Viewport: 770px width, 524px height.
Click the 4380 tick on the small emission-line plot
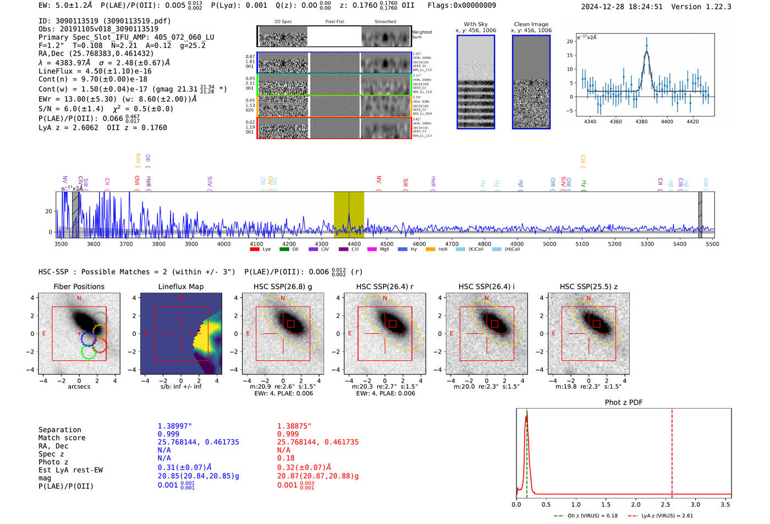(x=641, y=122)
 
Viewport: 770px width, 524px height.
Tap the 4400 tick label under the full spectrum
(x=354, y=244)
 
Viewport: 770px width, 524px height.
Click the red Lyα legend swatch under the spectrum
(x=255, y=250)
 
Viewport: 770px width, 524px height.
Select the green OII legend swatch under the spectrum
(x=284, y=250)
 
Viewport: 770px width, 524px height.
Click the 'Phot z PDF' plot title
(x=624, y=402)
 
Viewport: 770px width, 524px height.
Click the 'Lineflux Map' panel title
(x=181, y=286)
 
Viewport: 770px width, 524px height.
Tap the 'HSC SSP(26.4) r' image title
(x=384, y=286)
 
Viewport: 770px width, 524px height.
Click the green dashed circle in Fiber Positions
(x=88, y=352)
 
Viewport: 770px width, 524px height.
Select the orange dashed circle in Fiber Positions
(x=100, y=332)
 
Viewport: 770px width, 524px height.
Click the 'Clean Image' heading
(x=531, y=24)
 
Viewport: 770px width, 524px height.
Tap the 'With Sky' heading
(x=476, y=24)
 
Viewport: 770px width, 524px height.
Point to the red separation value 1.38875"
(x=294, y=426)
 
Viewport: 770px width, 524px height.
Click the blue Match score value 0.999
(x=168, y=434)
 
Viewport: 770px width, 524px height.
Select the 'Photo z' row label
(x=53, y=462)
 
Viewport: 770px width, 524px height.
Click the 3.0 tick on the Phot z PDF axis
(x=695, y=504)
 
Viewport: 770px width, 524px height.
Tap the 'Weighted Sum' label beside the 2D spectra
(x=421, y=35)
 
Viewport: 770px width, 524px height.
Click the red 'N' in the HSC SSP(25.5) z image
(x=588, y=299)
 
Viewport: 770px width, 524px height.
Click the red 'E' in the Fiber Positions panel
(x=44, y=334)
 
